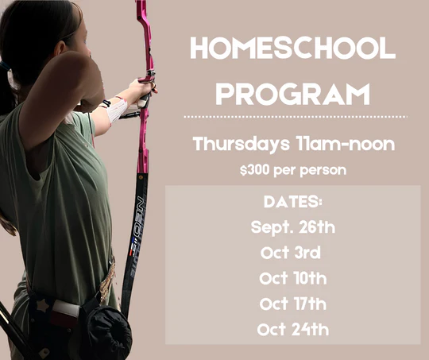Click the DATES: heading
[x=292, y=202]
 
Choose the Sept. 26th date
[x=292, y=227]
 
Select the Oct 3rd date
[x=289, y=254]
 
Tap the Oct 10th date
[x=292, y=279]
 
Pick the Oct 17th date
[x=292, y=304]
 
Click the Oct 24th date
[x=292, y=329]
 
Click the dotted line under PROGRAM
[x=294, y=116]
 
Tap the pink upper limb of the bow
[x=143, y=32]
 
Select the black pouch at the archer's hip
[x=107, y=330]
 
